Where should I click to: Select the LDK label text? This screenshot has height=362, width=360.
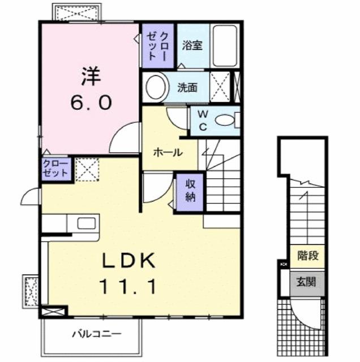[128, 261]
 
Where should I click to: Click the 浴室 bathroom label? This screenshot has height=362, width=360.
[192, 46]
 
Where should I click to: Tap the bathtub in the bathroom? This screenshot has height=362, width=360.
[225, 45]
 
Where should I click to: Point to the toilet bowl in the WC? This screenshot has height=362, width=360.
[226, 120]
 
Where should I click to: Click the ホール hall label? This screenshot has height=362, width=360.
[168, 152]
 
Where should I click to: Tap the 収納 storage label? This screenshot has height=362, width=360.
[189, 191]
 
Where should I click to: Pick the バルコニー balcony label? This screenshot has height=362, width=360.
[96, 334]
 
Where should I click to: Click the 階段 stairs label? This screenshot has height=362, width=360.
[308, 256]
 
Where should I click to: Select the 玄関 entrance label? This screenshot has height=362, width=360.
[308, 282]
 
